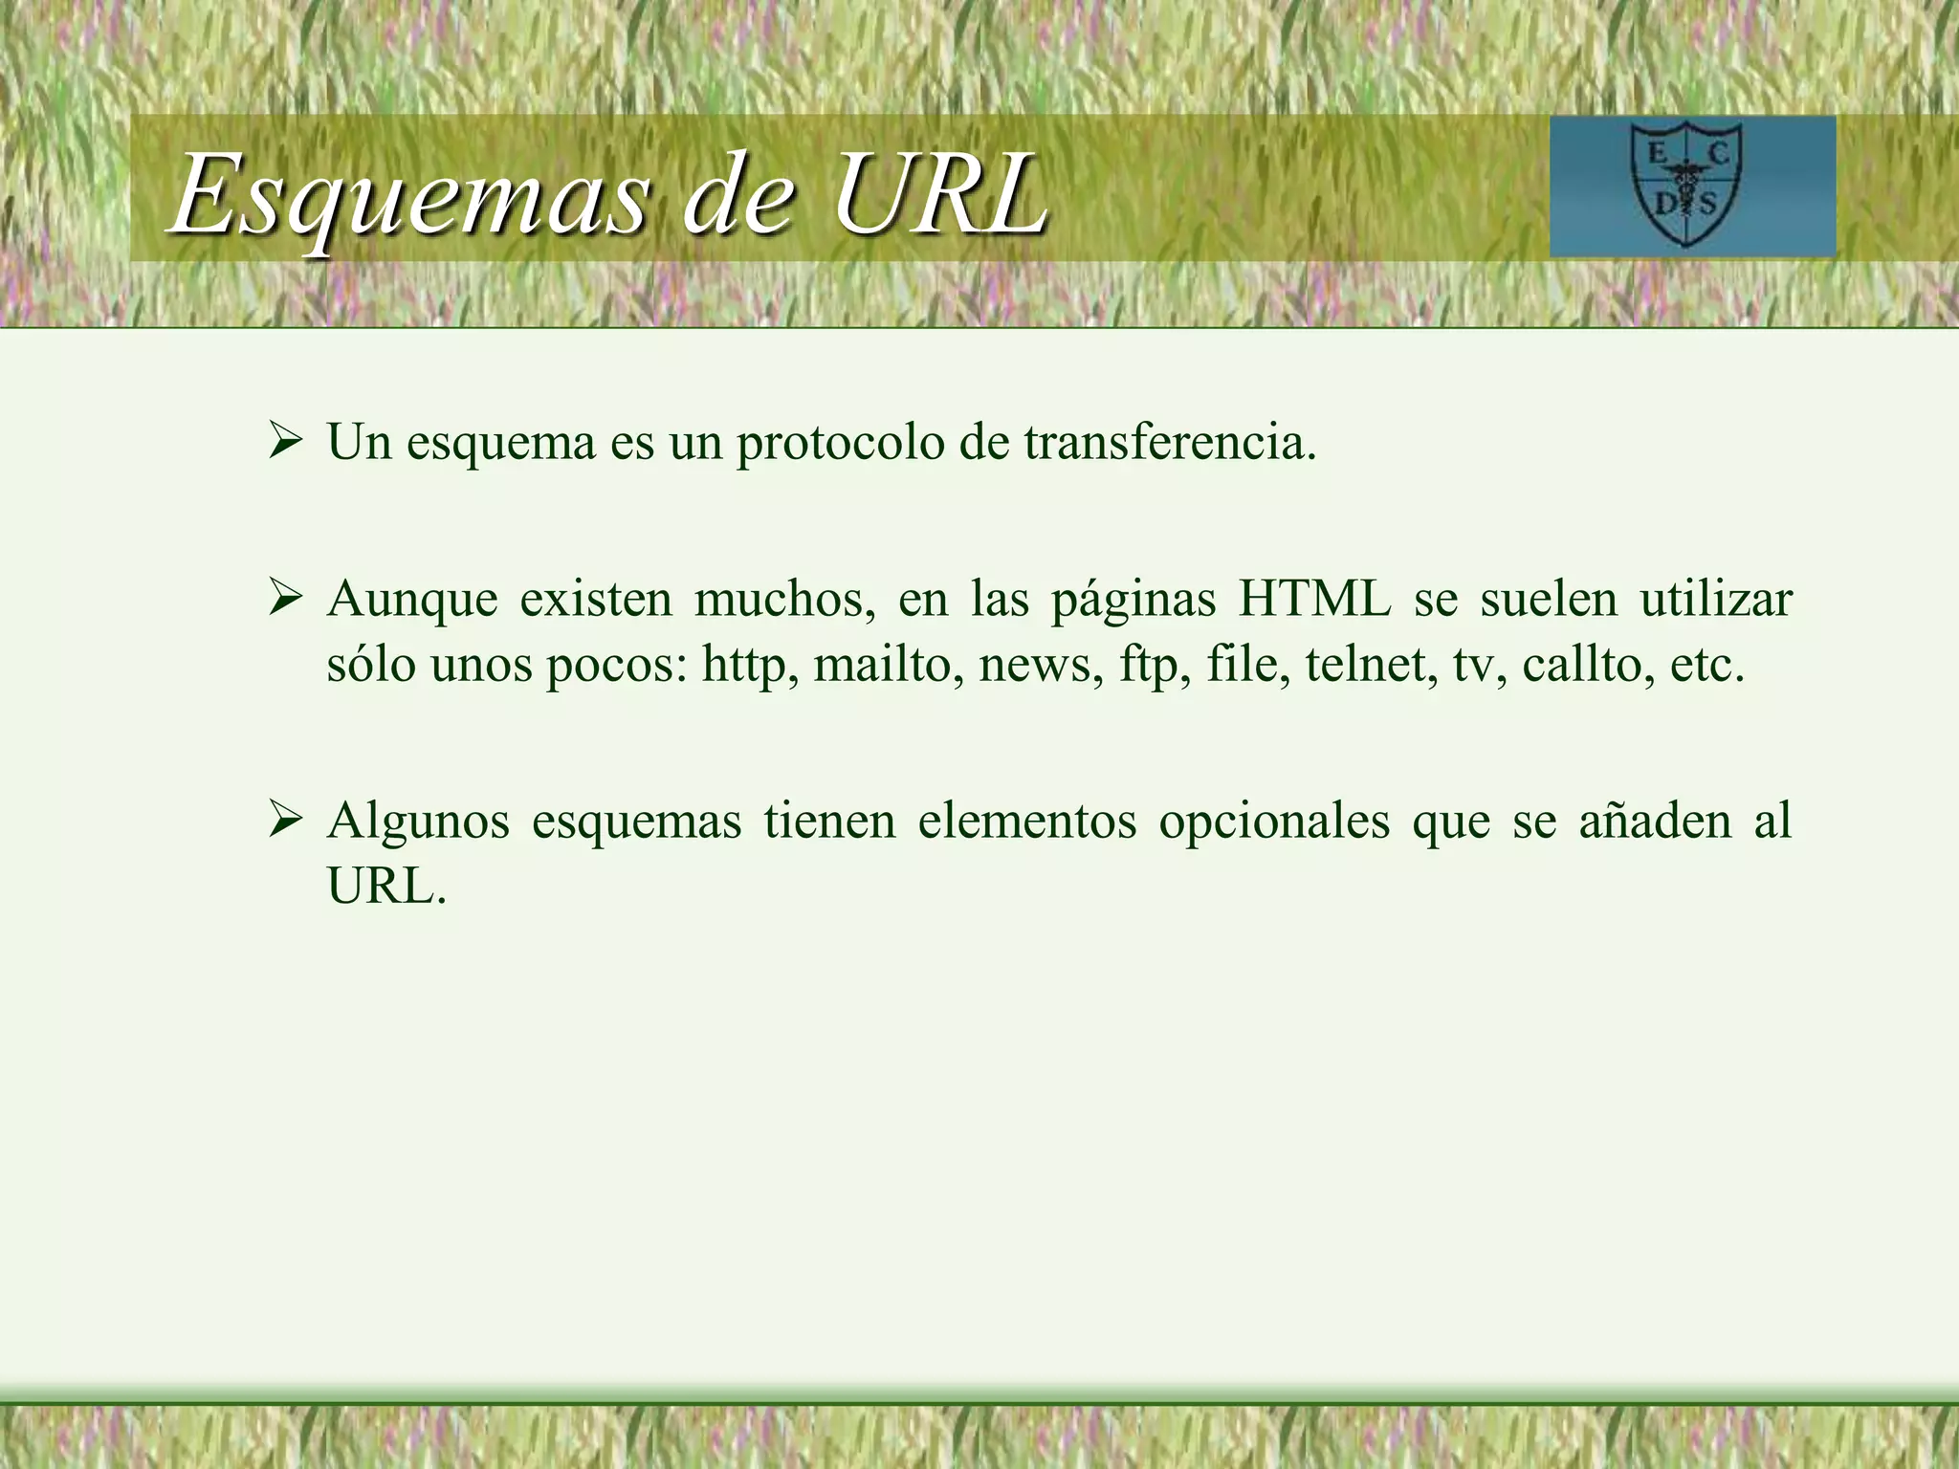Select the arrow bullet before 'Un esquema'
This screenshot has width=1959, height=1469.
click(285, 442)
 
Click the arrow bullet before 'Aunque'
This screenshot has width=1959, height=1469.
click(285, 600)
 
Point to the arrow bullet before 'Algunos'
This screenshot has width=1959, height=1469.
click(285, 821)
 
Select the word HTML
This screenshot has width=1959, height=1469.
click(1315, 600)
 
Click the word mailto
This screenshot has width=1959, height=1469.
click(889, 664)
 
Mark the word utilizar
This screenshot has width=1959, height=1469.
click(1716, 600)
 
